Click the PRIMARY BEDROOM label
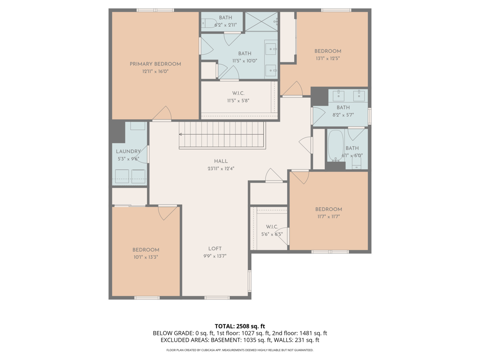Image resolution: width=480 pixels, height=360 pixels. (x=155, y=64)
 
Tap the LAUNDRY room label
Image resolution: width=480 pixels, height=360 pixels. (x=128, y=151)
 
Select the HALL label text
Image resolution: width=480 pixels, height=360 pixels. (x=221, y=161)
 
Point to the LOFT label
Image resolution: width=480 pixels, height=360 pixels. (x=215, y=249)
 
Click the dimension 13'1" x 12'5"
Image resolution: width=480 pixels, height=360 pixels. (x=328, y=58)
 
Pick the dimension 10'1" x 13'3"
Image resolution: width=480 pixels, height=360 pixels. (x=145, y=257)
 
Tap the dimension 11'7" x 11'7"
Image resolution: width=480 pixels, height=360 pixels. (x=328, y=217)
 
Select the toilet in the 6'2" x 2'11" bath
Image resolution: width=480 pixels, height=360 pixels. (x=209, y=23)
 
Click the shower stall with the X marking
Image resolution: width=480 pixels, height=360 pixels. (x=261, y=22)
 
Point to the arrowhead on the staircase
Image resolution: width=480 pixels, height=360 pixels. (x=181, y=134)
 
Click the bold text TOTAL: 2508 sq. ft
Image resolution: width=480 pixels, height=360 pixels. (x=240, y=326)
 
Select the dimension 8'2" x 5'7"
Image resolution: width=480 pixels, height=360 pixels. (x=343, y=115)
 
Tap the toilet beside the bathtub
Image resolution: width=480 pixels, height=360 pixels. (x=357, y=163)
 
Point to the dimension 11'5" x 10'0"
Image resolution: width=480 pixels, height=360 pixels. (x=244, y=61)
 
